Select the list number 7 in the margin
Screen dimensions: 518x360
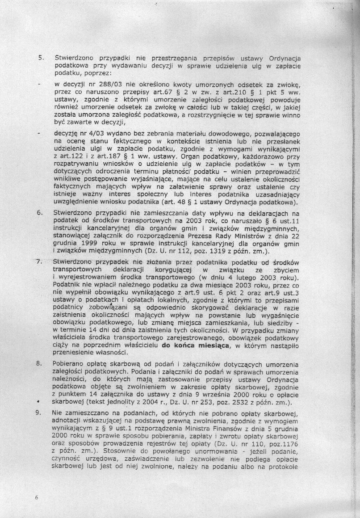(39, 262)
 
